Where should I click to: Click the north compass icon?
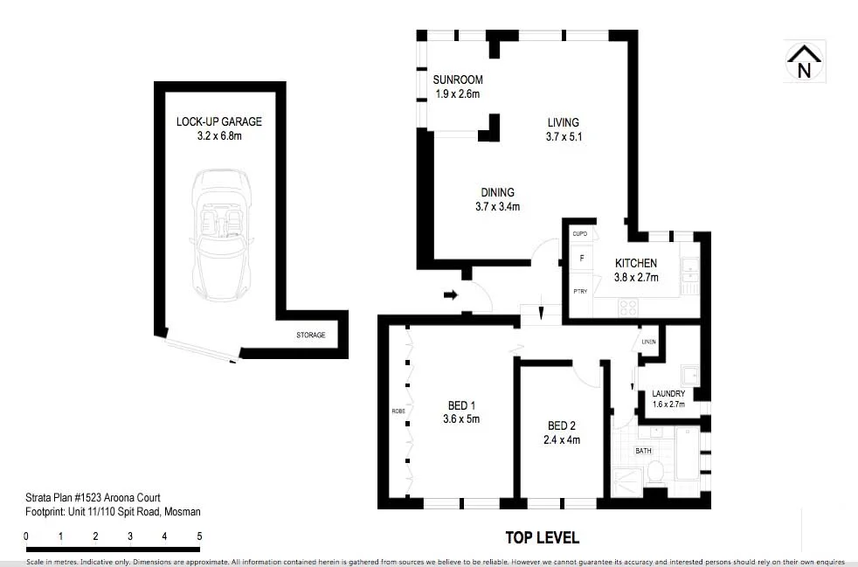805,62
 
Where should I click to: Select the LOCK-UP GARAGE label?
218,121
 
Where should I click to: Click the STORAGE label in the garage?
310,335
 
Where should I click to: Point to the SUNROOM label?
458,80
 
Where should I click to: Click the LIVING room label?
563,122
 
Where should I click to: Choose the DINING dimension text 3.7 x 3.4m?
497,207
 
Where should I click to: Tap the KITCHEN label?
636,263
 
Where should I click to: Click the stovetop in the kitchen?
627,307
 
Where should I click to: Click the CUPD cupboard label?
579,234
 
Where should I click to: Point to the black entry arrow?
451,295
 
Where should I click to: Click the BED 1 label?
461,405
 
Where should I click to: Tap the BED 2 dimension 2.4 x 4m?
563,439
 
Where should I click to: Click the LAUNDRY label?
668,394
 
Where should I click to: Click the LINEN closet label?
647,342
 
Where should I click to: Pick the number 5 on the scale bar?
199,536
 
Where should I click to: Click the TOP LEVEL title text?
542,537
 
